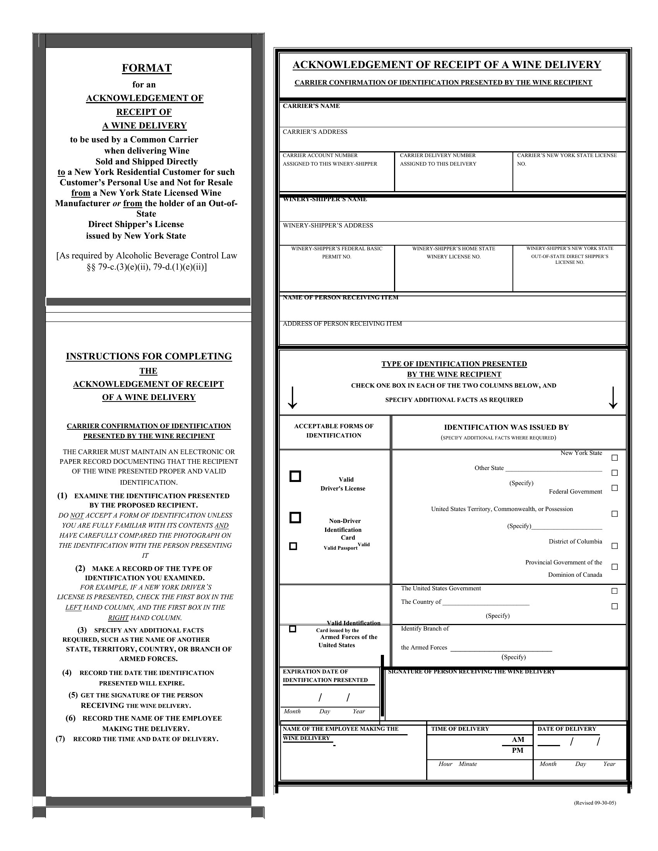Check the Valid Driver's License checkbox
click(295, 476)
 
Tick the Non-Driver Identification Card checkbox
click(295, 518)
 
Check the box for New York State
click(615, 458)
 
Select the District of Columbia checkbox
click(615, 546)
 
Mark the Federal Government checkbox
click(615, 488)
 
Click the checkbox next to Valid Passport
click(293, 546)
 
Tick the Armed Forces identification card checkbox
click(293, 629)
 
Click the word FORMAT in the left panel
click(147, 68)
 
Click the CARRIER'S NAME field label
click(311, 106)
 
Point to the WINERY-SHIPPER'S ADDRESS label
click(328, 226)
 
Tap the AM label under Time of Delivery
click(517, 740)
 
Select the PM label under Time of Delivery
click(517, 750)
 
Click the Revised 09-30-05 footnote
click(595, 803)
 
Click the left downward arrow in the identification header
click(292, 398)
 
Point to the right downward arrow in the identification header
click(613, 398)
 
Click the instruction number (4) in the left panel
click(67, 673)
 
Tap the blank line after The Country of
click(486, 603)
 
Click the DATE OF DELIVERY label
click(567, 729)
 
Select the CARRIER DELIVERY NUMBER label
click(438, 156)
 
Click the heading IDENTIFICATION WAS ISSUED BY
click(506, 427)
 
